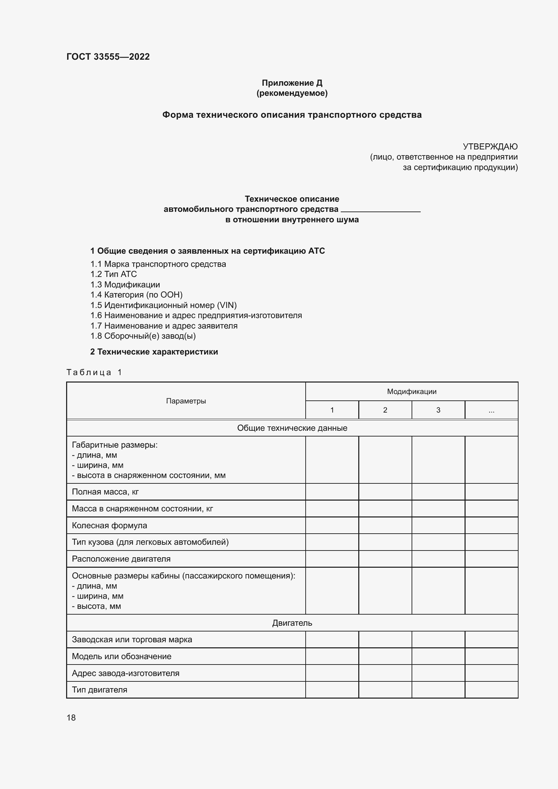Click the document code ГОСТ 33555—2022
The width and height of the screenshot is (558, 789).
point(108,57)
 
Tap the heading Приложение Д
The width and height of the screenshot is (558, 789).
point(292,83)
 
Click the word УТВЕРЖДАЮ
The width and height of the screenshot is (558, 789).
point(490,147)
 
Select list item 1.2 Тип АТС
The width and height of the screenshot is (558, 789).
point(113,274)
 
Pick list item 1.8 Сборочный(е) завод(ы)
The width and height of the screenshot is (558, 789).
point(143,336)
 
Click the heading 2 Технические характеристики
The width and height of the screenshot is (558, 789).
point(154,352)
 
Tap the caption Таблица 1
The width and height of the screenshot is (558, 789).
point(94,372)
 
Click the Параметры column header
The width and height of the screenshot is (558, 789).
point(186,401)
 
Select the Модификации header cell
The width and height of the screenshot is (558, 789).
point(412,392)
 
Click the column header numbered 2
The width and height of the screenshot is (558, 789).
point(385,410)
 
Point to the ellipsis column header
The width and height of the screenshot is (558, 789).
point(491,410)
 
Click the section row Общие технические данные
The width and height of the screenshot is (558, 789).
point(292,428)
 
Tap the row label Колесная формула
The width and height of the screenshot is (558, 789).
point(109,526)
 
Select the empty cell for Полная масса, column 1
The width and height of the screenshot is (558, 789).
point(332,492)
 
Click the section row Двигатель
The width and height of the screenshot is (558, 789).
point(292,623)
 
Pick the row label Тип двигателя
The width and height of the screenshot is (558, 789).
point(99,690)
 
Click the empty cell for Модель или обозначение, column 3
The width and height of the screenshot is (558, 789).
point(438,656)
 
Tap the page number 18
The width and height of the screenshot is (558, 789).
point(71,718)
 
